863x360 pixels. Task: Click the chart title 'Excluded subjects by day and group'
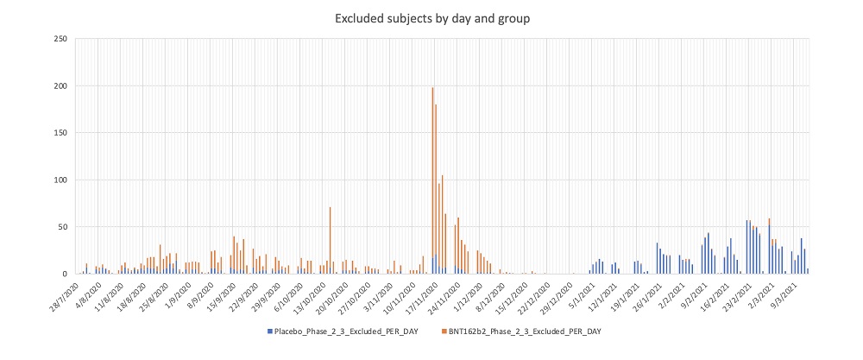(x=431, y=16)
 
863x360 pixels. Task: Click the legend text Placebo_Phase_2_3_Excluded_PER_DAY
(x=349, y=331)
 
